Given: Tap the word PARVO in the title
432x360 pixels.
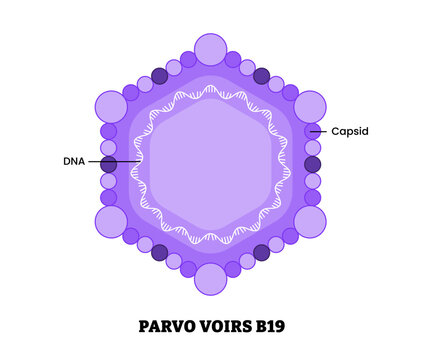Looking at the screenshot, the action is [x=159, y=326].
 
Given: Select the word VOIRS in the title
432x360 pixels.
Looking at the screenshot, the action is [x=222, y=326].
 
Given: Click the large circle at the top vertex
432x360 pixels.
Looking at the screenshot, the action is [x=211, y=49].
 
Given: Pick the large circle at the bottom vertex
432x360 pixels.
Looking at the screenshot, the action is [x=211, y=278].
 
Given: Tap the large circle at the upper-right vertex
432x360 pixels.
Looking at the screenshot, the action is [x=310, y=106].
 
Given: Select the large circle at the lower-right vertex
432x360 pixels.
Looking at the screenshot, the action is [x=310, y=221].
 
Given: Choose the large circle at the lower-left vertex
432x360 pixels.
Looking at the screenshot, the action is [x=111, y=221].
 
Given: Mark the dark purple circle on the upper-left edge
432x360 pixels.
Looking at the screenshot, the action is [x=159, y=76].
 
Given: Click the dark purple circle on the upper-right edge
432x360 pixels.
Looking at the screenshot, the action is [x=262, y=76].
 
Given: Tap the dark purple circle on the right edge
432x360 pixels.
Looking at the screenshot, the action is [x=313, y=164].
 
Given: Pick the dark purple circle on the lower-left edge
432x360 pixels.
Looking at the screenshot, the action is [x=159, y=252].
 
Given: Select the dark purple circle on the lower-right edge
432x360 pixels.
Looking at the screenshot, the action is [x=262, y=252].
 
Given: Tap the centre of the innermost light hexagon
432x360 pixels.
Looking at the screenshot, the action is [x=211, y=164].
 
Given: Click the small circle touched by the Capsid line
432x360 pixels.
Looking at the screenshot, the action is [x=312, y=131].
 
